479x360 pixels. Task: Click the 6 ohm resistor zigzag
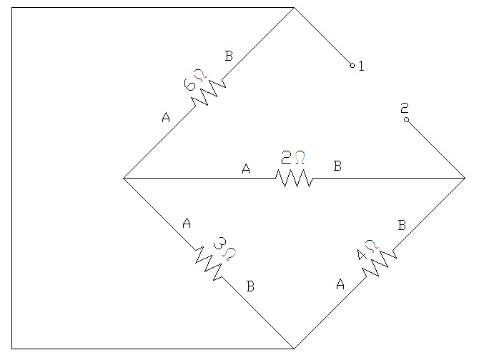tap(209, 92)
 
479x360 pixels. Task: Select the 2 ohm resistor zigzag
tap(295, 178)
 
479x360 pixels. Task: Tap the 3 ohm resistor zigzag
tap(209, 264)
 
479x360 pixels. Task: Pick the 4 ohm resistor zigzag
tap(380, 264)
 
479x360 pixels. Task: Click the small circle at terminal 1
tap(352, 65)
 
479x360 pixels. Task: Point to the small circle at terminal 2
tap(406, 119)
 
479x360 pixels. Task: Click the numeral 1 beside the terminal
tap(361, 66)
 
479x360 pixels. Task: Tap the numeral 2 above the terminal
tap(405, 108)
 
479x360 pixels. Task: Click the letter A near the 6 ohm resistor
tap(166, 117)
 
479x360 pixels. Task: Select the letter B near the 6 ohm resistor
tap(229, 56)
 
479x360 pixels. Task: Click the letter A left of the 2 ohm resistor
tap(246, 169)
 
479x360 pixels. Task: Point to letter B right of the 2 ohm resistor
tap(337, 166)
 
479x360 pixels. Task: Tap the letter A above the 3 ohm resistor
tap(187, 223)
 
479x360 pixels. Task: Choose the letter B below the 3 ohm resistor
tap(250, 286)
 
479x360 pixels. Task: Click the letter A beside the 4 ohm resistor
tap(340, 284)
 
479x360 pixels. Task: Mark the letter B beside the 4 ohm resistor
tap(402, 225)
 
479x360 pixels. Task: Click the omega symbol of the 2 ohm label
tap(300, 157)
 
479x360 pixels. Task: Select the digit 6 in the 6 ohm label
tap(189, 84)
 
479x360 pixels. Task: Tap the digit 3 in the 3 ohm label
tap(219, 243)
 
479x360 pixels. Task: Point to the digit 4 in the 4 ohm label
tap(362, 255)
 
